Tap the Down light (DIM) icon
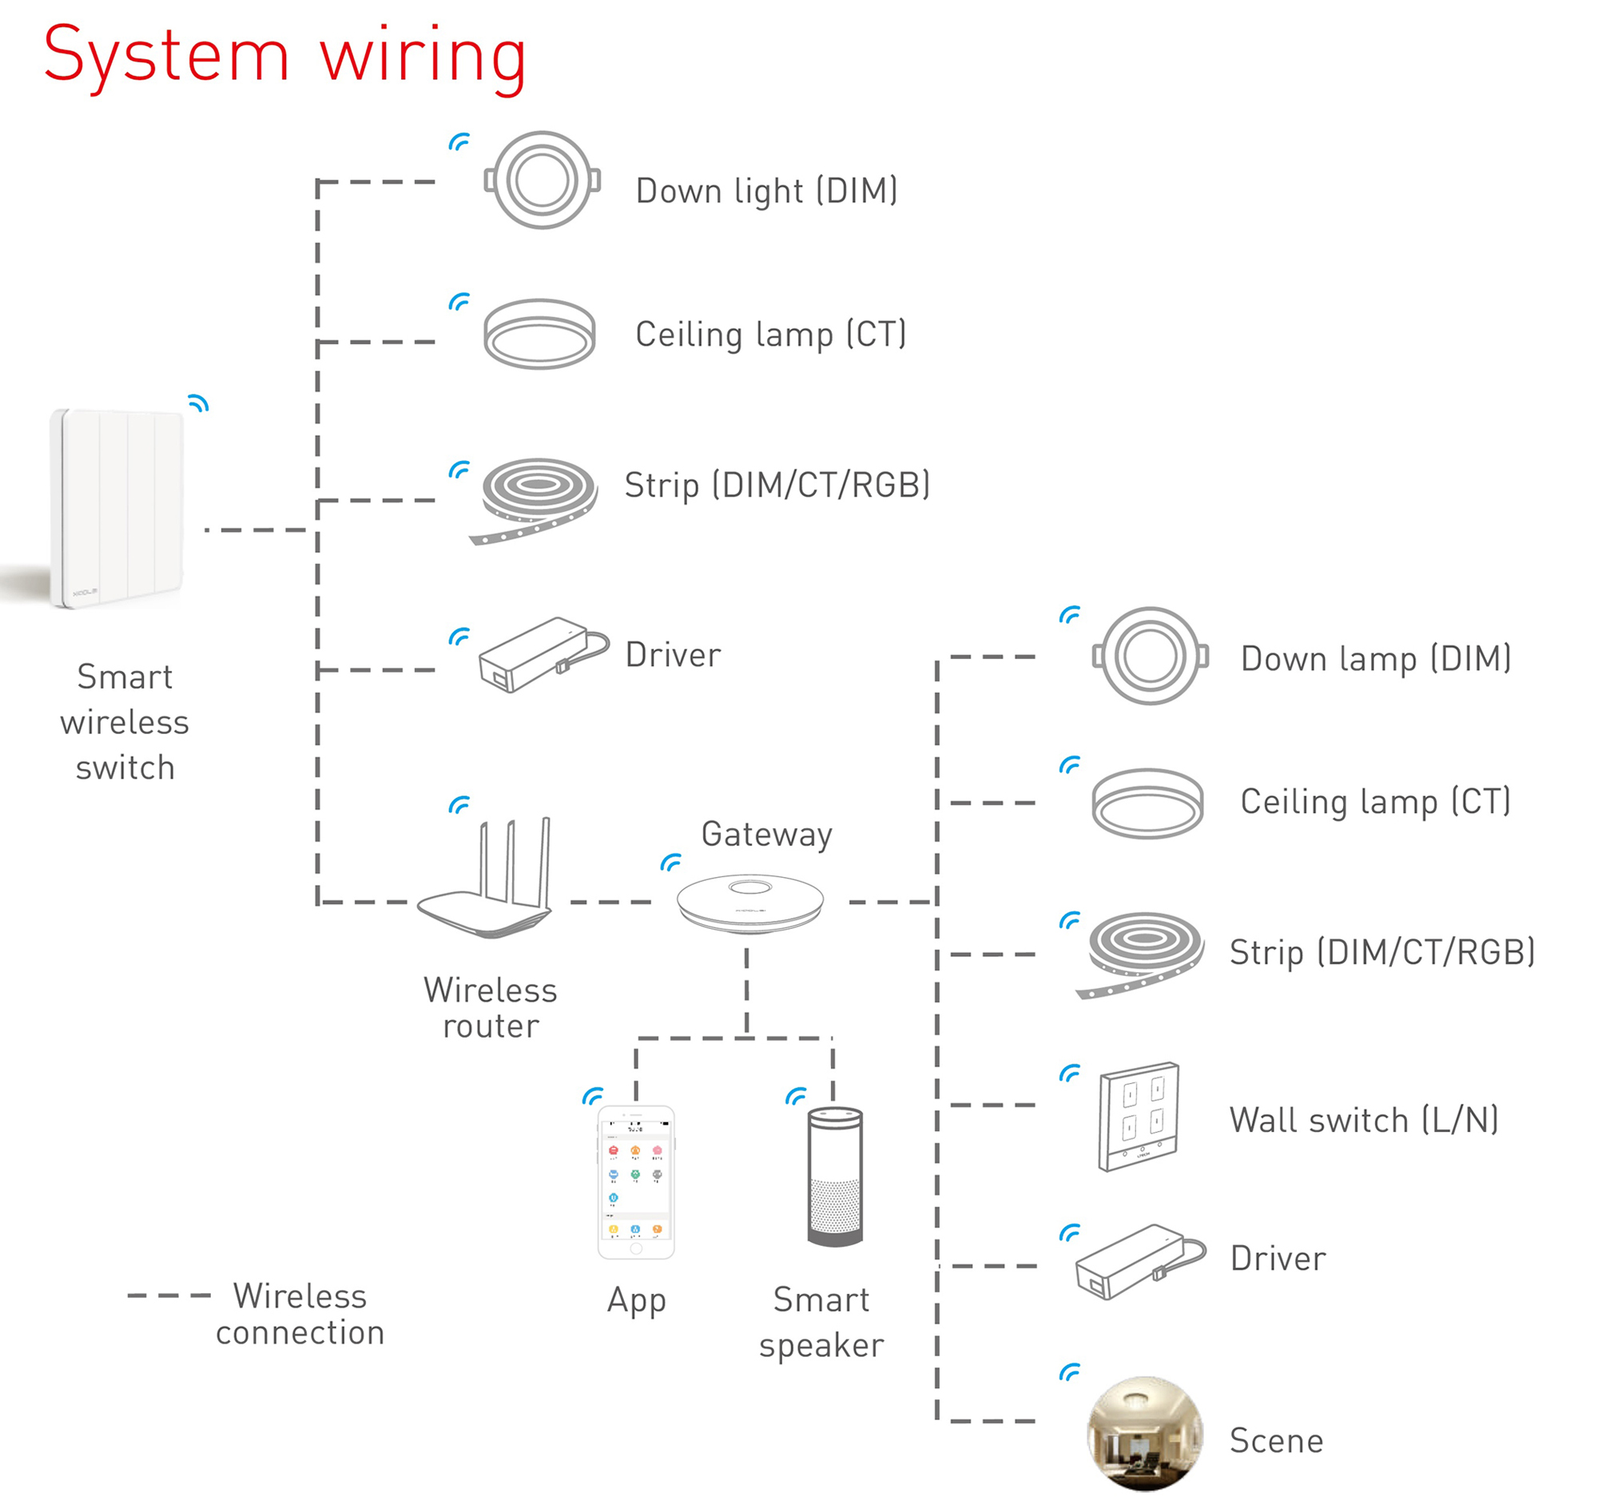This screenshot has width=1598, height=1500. [x=542, y=180]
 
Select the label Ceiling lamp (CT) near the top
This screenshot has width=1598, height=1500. [x=770, y=334]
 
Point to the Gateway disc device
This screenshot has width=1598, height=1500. [x=750, y=903]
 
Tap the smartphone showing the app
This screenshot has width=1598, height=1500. [x=636, y=1182]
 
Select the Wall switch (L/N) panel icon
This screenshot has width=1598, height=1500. [x=1139, y=1117]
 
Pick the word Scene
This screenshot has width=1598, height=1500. [x=1276, y=1441]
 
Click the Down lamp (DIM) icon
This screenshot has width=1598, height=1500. [x=1151, y=656]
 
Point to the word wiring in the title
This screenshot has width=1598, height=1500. [x=423, y=56]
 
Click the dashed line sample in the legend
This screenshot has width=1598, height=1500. [x=169, y=1295]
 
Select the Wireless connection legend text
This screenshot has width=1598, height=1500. [x=300, y=1315]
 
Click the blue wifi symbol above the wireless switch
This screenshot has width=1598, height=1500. [x=198, y=403]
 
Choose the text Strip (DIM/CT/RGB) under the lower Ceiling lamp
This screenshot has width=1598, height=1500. [x=1381, y=952]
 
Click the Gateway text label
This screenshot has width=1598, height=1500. [x=766, y=834]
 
